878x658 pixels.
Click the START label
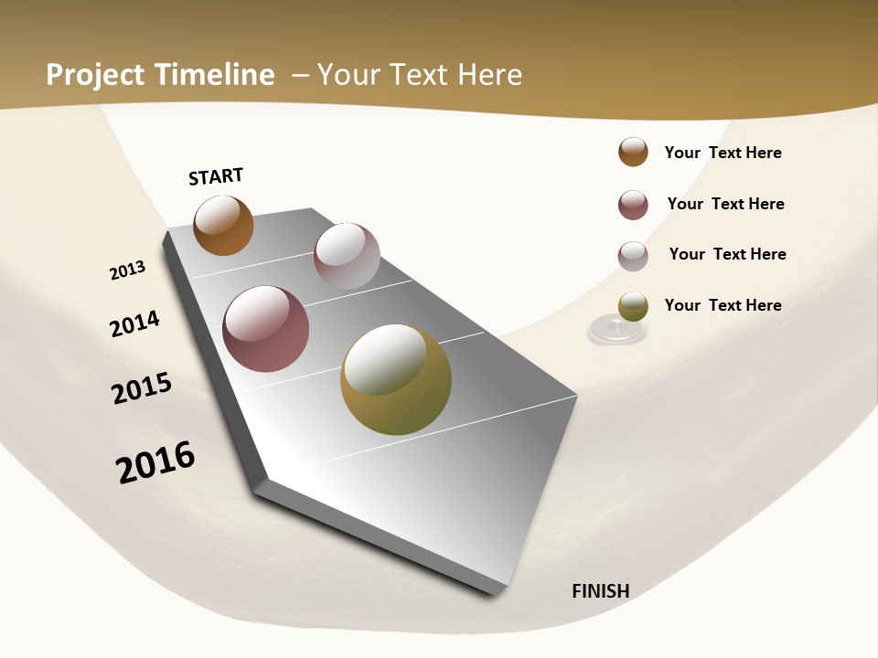tap(216, 176)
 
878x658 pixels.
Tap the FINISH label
tap(601, 591)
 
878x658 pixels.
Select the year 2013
tap(127, 271)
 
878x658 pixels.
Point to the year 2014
tap(134, 324)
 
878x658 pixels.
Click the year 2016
tap(155, 462)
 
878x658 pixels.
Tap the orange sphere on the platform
tap(223, 225)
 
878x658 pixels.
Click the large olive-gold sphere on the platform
tap(396, 379)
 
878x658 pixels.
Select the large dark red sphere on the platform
tap(266, 329)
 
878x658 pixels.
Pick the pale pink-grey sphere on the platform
tap(347, 256)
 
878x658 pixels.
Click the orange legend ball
tap(633, 153)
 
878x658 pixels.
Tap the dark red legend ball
tap(633, 205)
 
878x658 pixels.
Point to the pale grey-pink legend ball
tap(633, 256)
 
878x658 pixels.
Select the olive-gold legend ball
tap(633, 306)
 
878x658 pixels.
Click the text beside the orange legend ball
tap(723, 153)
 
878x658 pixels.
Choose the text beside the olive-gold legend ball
tap(723, 305)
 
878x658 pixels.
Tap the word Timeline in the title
tap(215, 75)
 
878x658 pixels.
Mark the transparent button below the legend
tap(616, 330)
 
